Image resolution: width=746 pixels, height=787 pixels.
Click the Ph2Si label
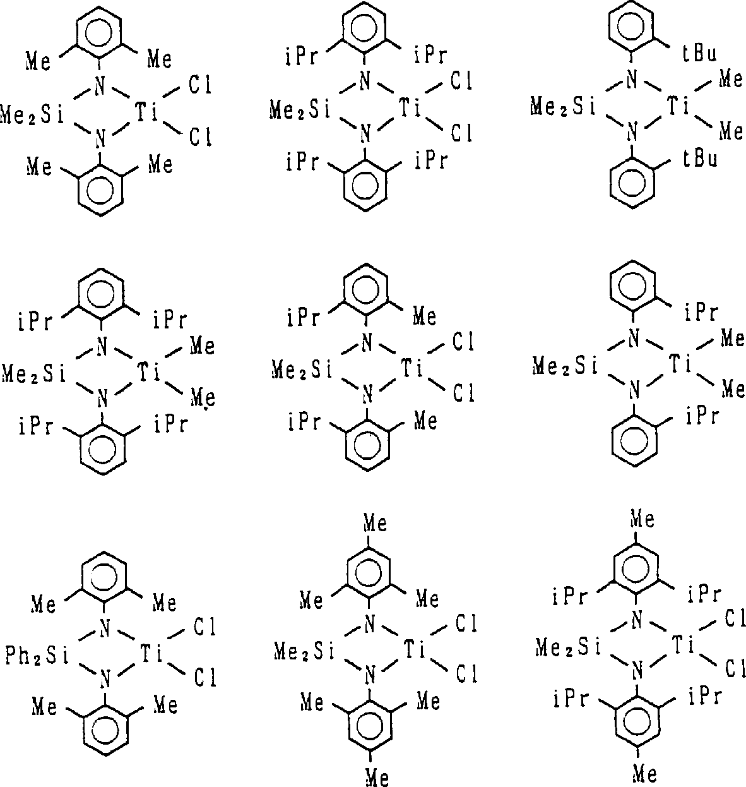pyautogui.click(x=37, y=655)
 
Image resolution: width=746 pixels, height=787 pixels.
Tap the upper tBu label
pyautogui.click(x=699, y=52)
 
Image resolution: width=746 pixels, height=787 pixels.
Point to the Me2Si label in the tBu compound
pyautogui.click(x=563, y=107)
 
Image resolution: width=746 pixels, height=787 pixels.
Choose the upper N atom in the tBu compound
pyautogui.click(x=632, y=78)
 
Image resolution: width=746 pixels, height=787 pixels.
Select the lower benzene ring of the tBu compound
pyautogui.click(x=632, y=181)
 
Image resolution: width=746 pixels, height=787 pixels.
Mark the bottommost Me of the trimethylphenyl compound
pyautogui.click(x=377, y=777)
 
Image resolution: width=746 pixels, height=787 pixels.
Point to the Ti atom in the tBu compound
pyautogui.click(x=678, y=105)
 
